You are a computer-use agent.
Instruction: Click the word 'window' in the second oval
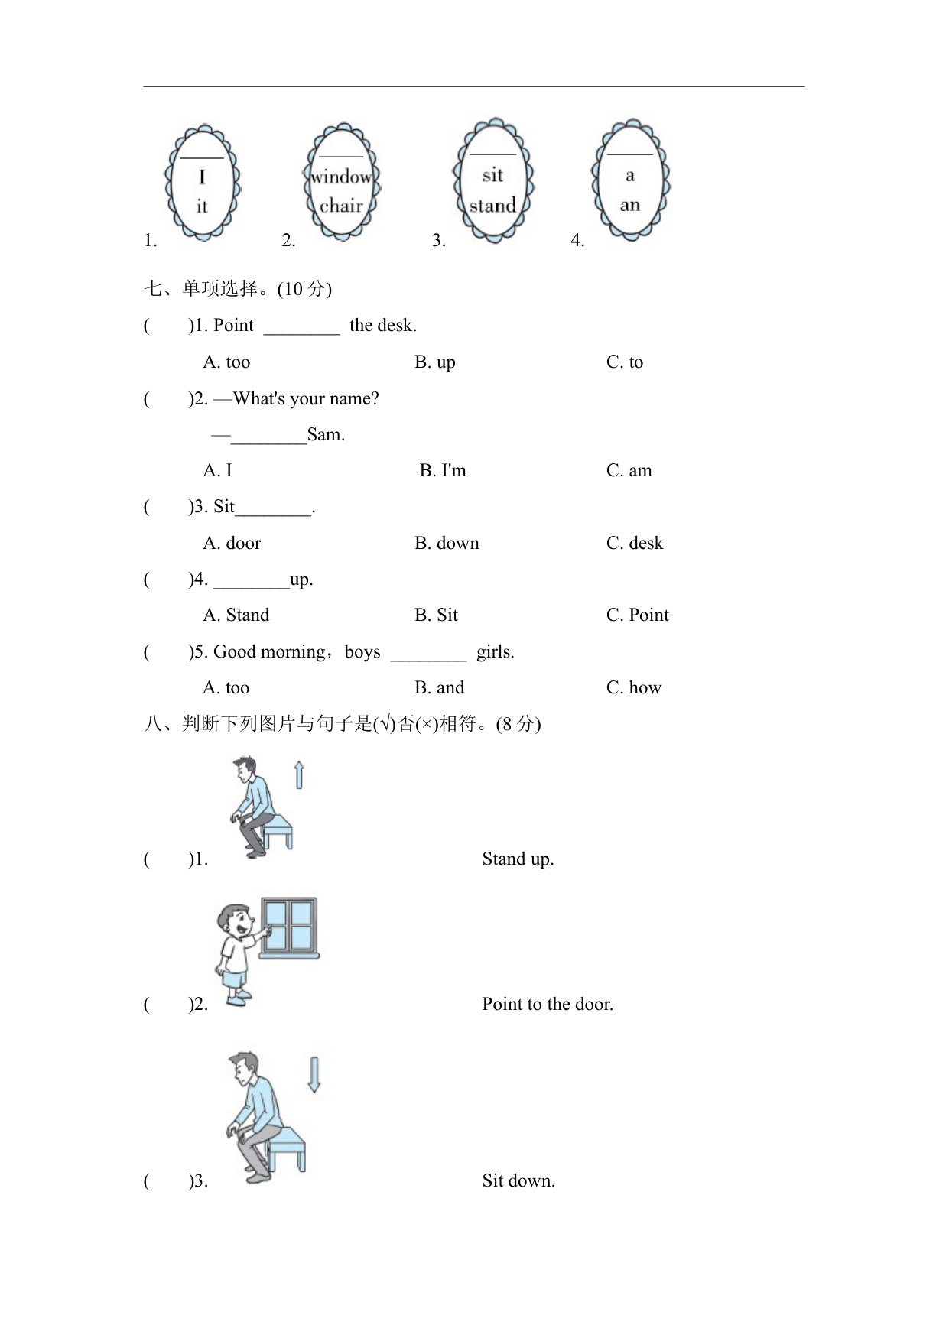pos(341,177)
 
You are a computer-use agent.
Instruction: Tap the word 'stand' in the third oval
pos(492,205)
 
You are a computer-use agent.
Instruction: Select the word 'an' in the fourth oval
pos(629,205)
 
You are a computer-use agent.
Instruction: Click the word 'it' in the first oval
pos(202,206)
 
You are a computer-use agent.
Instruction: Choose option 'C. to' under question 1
pos(625,362)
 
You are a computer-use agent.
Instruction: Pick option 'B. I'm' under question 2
pos(443,470)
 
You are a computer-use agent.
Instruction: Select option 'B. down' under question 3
pos(447,543)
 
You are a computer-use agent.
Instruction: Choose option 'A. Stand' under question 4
pos(236,615)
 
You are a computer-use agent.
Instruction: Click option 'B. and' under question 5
pos(439,687)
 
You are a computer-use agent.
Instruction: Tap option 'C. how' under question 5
pos(633,687)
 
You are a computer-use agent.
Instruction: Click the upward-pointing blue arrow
pos(299,774)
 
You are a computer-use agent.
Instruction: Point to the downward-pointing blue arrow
pos(314,1074)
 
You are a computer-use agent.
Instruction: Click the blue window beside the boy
pos(289,927)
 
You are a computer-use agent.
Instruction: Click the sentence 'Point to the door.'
pos(548,1004)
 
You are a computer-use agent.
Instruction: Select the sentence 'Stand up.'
pos(518,859)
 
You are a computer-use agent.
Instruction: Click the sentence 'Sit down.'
pos(518,1180)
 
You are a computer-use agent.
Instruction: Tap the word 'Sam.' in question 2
pos(326,435)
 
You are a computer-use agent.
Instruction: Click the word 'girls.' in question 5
pos(495,651)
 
